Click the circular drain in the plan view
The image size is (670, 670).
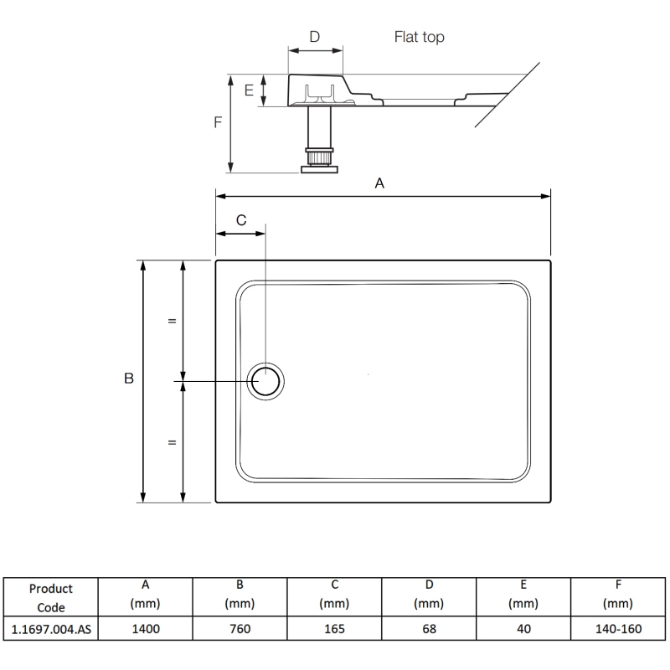click(x=266, y=381)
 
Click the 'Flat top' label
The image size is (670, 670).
click(x=419, y=38)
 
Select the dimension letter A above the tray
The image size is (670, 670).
click(x=379, y=183)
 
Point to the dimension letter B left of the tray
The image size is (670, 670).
click(x=129, y=379)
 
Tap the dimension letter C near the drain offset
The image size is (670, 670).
click(x=241, y=220)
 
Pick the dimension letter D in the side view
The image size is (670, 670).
click(x=315, y=37)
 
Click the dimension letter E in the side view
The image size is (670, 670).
click(x=249, y=90)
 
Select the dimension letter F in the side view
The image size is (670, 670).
click(x=218, y=122)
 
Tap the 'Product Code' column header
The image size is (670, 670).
click(x=49, y=598)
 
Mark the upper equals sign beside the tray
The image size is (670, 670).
click(x=172, y=321)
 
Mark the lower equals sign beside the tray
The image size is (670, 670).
click(x=172, y=442)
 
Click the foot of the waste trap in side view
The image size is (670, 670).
click(x=320, y=169)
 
